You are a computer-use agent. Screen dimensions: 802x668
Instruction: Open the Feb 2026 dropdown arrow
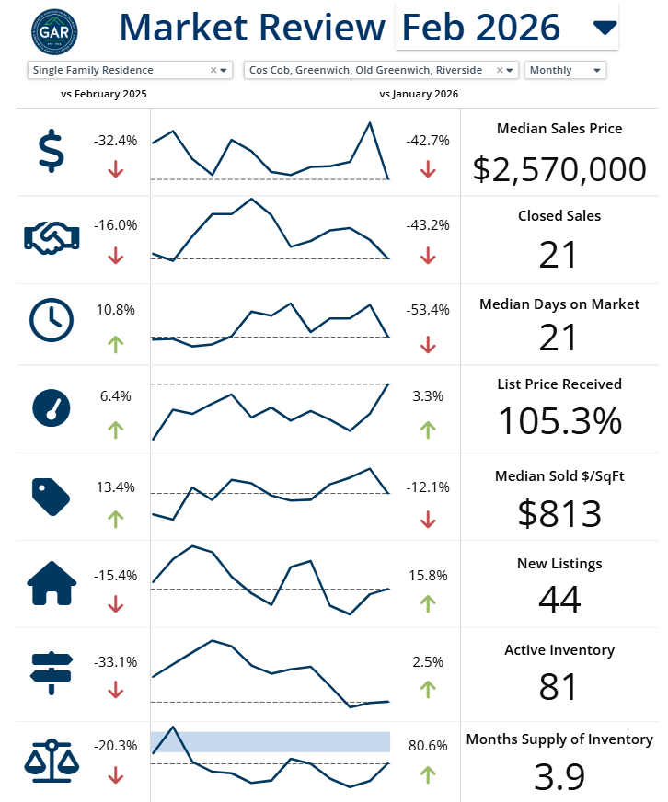click(x=605, y=28)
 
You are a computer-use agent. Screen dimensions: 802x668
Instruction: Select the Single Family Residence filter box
click(x=129, y=70)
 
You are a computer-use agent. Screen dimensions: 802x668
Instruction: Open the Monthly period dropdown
click(x=565, y=70)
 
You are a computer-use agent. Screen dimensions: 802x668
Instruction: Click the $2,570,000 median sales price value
click(x=559, y=169)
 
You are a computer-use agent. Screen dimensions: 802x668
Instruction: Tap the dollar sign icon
click(x=52, y=151)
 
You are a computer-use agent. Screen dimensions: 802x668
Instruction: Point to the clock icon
click(x=52, y=319)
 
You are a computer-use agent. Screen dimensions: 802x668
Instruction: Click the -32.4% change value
click(x=116, y=141)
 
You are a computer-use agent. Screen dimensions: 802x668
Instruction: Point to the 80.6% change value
click(x=428, y=746)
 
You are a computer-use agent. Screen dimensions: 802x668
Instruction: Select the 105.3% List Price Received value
click(x=559, y=421)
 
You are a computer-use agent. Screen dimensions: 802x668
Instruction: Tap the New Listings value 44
click(x=559, y=600)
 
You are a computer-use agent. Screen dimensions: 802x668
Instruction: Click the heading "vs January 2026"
click(x=419, y=94)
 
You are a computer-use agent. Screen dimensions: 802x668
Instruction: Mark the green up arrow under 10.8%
click(x=116, y=344)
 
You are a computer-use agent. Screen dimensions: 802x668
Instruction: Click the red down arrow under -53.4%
click(x=428, y=344)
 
